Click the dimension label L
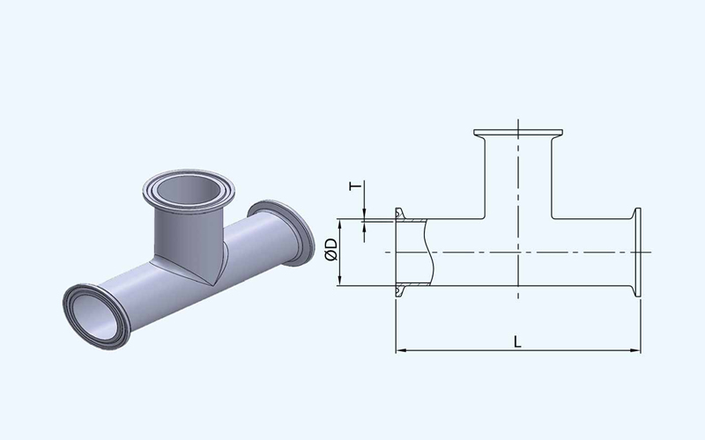[x=517, y=342]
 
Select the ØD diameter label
[x=331, y=250]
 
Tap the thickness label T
[x=355, y=186]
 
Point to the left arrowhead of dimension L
[x=401, y=350]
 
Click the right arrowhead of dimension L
[x=634, y=350]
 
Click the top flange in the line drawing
[x=518, y=133]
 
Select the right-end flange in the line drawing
[x=637, y=252]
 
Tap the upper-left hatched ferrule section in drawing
[x=412, y=220]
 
